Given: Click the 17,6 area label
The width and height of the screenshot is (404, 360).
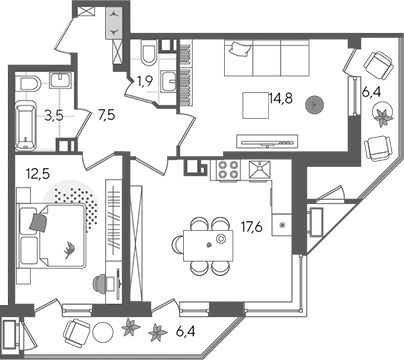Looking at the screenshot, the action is click(x=252, y=227).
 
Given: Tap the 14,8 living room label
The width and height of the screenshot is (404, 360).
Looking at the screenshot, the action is click(x=281, y=98).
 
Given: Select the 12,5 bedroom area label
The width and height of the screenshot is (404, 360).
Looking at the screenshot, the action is click(x=37, y=173).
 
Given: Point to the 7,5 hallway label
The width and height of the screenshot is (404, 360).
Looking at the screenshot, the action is click(x=106, y=115).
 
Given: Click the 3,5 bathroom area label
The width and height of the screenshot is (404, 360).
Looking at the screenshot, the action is click(x=54, y=116).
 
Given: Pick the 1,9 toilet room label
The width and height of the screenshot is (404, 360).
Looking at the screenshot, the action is click(x=145, y=81).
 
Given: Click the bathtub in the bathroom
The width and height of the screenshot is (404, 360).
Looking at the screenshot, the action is click(x=26, y=127).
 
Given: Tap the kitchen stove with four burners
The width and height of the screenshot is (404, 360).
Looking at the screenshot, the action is click(x=228, y=170).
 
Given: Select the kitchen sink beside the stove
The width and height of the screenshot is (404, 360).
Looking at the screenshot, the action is click(x=260, y=170).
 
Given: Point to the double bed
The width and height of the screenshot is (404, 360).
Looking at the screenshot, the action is click(x=52, y=236).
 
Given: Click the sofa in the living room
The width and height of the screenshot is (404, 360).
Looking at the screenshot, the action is click(x=267, y=58).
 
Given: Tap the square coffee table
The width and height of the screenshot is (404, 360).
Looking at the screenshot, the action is click(x=256, y=105).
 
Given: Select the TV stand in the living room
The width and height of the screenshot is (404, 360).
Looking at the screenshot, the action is click(x=267, y=141).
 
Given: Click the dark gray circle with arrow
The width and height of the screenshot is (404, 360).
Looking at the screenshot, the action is click(x=314, y=105).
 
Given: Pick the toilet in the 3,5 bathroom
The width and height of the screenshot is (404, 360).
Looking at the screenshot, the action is click(x=30, y=83).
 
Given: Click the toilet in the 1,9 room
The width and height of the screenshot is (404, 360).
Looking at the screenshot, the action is click(x=149, y=53).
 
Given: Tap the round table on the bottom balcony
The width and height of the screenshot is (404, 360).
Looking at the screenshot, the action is click(x=103, y=332).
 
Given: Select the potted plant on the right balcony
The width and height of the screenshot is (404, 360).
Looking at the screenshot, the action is click(x=383, y=114).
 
